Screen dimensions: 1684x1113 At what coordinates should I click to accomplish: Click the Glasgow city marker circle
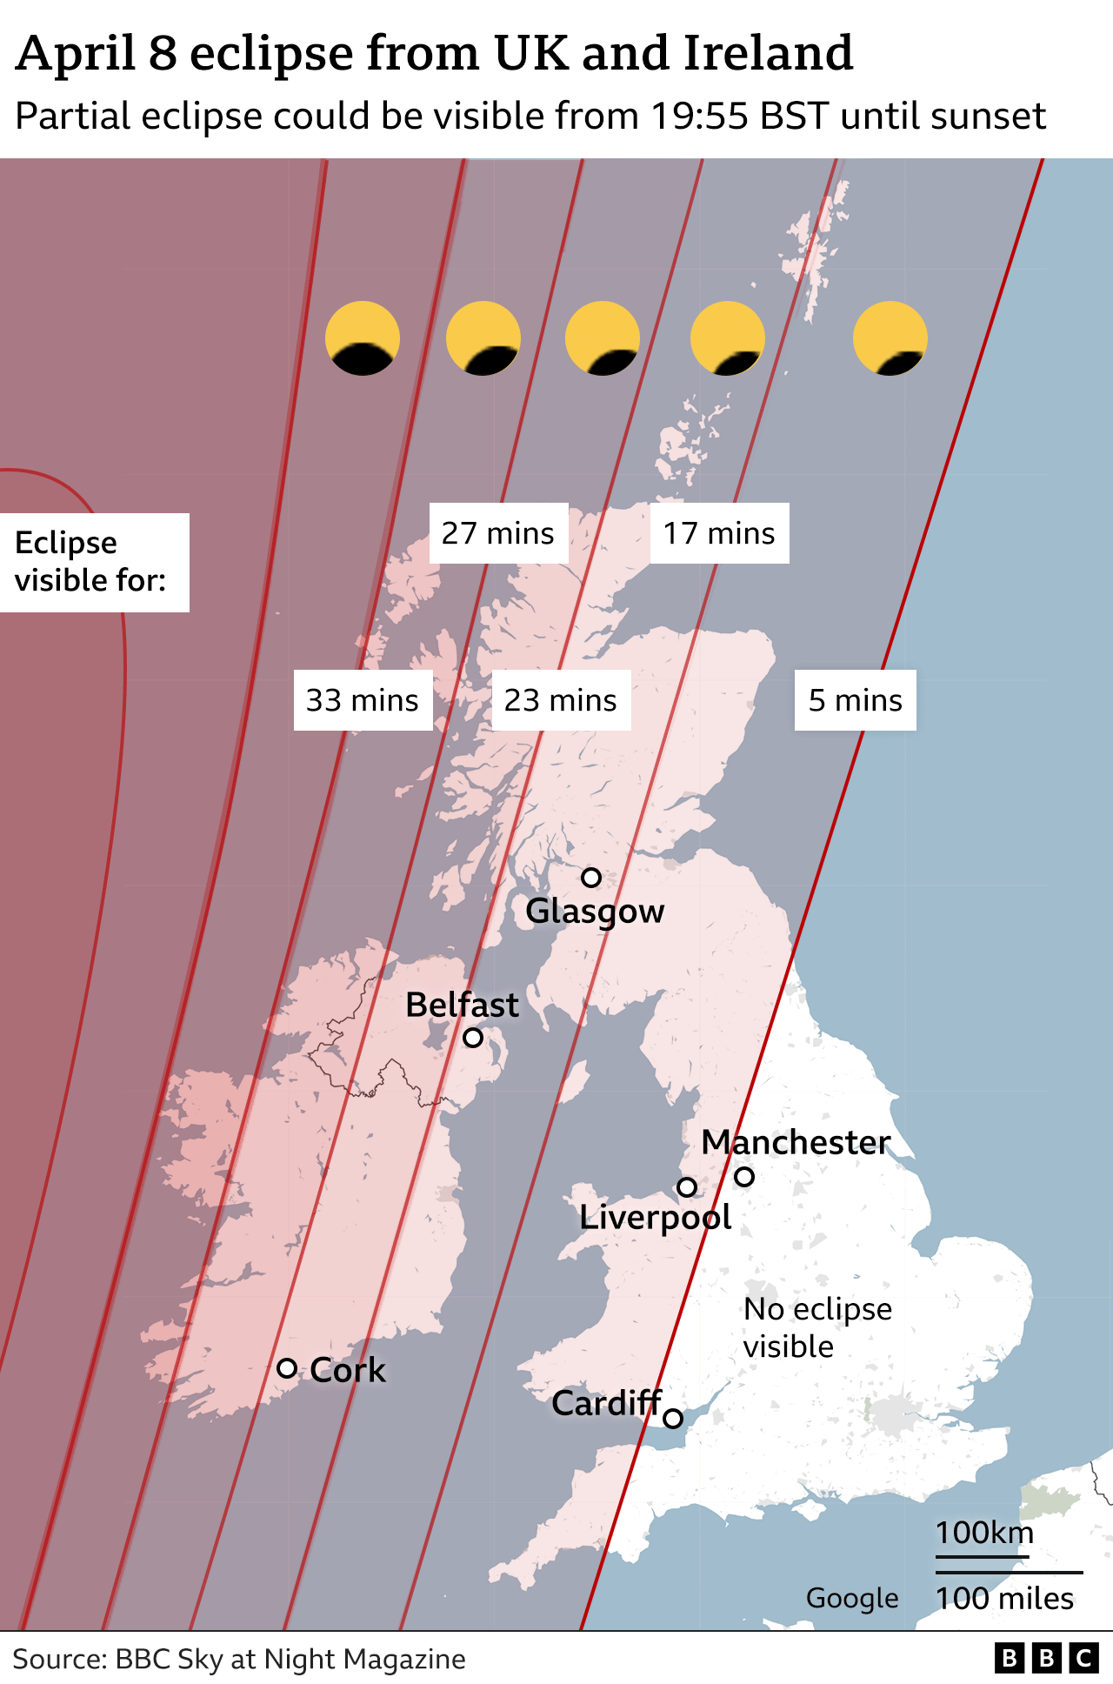tap(591, 878)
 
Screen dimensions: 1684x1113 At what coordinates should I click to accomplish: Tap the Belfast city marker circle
tap(473, 1038)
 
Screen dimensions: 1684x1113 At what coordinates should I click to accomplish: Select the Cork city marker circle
tap(287, 1368)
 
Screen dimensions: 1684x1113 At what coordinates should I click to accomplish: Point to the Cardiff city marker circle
tap(673, 1419)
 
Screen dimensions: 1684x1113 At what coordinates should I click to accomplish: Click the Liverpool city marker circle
tap(687, 1186)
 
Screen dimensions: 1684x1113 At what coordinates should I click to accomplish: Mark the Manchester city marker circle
tap(744, 1177)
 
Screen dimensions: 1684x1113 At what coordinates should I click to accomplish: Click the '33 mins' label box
tap(363, 700)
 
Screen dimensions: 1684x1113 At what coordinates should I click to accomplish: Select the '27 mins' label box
tap(498, 533)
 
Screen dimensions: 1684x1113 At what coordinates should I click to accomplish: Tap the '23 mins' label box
tap(561, 700)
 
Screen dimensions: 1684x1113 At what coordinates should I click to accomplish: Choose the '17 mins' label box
tap(719, 533)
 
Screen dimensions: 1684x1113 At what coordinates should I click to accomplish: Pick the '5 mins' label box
tap(856, 700)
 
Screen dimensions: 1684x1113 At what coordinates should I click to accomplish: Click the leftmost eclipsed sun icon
tap(363, 338)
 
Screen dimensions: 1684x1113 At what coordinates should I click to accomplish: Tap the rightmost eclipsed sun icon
tap(890, 338)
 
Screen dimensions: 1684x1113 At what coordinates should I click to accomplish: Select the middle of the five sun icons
tap(603, 338)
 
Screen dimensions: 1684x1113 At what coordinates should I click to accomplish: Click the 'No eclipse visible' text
tap(817, 1327)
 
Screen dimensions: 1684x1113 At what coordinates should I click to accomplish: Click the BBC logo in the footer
tap(1047, 1659)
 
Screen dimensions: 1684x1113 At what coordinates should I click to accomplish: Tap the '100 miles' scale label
tap(1005, 1599)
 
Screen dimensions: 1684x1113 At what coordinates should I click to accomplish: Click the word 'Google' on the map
tap(852, 1599)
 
